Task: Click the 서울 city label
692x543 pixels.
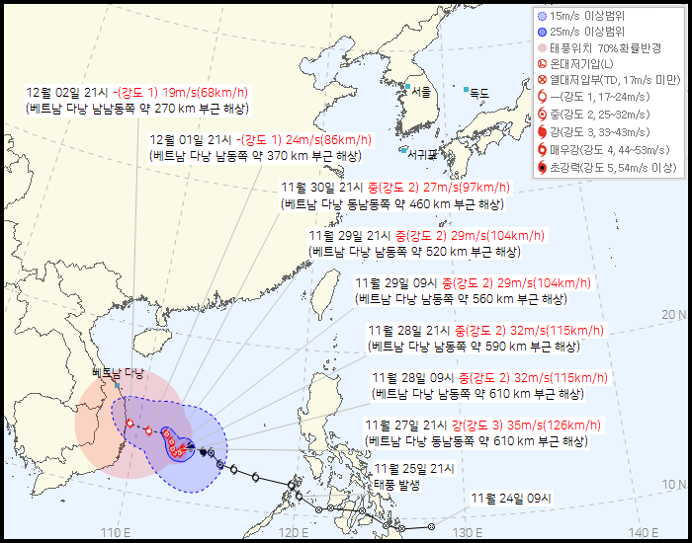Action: pos(422,92)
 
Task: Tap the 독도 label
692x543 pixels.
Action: pos(480,94)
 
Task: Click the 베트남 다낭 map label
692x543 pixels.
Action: pos(118,372)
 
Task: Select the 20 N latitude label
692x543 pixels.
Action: pos(673,315)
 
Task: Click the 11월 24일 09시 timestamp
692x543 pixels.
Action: pos(510,498)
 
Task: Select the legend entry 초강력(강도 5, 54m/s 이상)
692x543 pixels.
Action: pos(613,168)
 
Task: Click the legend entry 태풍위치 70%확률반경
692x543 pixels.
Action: pos(603,46)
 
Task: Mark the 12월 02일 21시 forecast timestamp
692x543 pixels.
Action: pos(68,93)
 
